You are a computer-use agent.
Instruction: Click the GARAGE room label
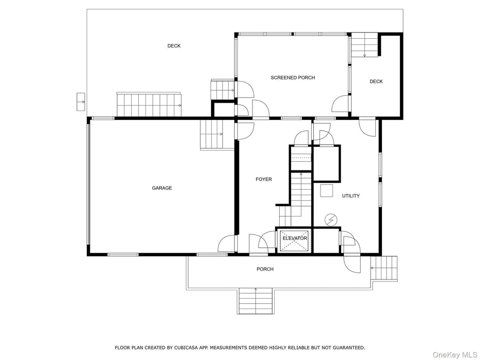162,188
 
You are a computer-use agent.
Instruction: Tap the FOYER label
263,179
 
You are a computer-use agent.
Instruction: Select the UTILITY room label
350,196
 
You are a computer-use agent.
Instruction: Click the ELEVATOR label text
294,238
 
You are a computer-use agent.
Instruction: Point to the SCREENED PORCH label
293,77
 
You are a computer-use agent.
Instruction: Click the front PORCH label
265,269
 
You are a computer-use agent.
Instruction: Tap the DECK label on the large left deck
174,46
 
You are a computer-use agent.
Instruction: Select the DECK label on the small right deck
376,82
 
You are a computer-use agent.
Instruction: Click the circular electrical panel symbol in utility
331,220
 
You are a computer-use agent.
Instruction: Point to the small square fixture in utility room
326,191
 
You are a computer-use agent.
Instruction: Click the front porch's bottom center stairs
255,301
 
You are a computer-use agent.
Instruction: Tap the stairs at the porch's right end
385,268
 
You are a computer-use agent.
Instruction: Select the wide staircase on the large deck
149,105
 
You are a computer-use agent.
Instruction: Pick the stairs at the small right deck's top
364,45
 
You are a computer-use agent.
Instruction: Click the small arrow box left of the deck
81,102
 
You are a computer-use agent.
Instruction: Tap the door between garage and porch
227,244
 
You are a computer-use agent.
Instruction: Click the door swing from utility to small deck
368,128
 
